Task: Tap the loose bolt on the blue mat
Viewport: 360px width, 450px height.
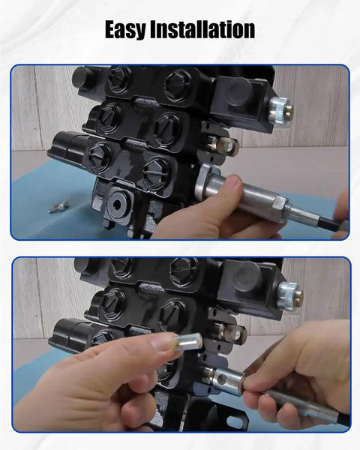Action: [58, 207]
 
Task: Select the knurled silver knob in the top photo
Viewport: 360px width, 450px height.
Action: [277, 109]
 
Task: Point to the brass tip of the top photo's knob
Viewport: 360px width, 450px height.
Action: [289, 111]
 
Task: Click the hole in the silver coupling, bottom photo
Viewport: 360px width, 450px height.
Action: [221, 380]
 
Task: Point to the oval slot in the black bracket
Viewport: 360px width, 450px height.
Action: [235, 421]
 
